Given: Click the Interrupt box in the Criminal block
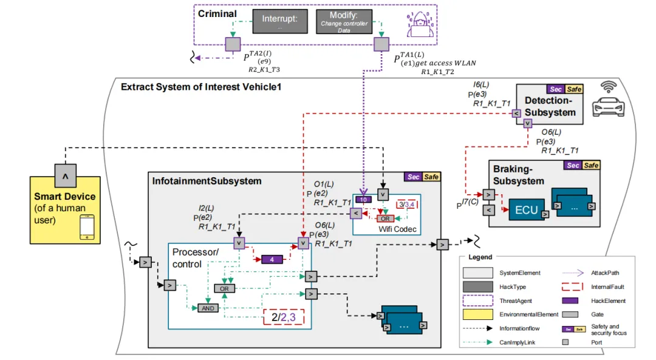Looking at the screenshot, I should [x=279, y=22].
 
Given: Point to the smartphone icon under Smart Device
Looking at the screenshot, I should [x=86, y=228].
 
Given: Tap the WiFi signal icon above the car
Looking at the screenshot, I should [x=609, y=87].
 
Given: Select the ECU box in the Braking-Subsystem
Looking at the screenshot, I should [x=526, y=209].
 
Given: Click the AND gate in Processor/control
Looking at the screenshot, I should [x=207, y=308].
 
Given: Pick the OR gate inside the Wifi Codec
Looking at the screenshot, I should [x=384, y=218].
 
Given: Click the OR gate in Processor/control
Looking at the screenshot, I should [x=224, y=288].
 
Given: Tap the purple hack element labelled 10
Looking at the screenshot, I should [x=363, y=199].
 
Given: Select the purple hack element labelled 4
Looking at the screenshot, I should [x=273, y=259].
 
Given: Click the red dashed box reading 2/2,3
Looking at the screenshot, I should [x=283, y=316].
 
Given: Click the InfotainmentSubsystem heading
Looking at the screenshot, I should [x=207, y=181].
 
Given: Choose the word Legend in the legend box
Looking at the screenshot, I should [x=480, y=257].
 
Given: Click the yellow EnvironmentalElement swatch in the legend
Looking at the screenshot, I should [x=478, y=314].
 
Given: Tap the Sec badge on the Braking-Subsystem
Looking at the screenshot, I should [x=572, y=165].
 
